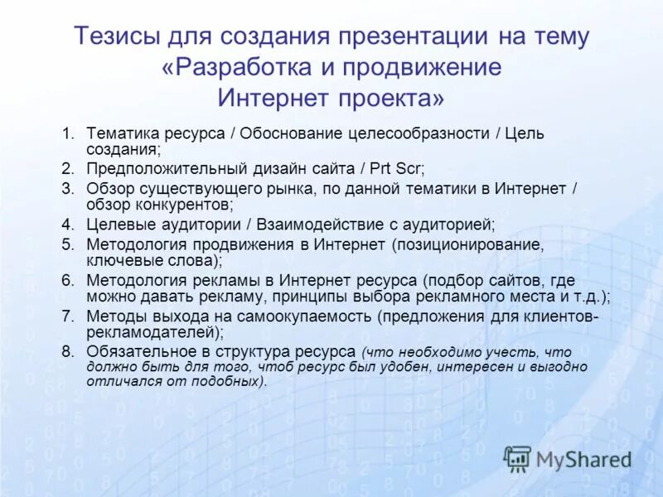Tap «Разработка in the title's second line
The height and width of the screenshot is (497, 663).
click(x=230, y=67)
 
